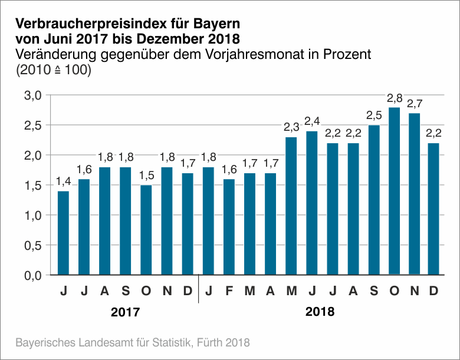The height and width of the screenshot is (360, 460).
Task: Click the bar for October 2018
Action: [x=394, y=191]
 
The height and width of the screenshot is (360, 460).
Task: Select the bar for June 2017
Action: [x=64, y=233]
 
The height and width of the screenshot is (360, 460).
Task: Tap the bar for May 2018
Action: [x=291, y=206]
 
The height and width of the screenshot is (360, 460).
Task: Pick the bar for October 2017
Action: [x=146, y=230]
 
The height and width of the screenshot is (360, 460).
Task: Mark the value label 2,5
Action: [x=373, y=115]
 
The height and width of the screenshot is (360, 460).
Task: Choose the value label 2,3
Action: [x=291, y=127]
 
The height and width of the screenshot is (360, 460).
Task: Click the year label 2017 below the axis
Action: [x=126, y=312]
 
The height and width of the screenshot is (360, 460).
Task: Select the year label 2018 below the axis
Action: [x=320, y=312]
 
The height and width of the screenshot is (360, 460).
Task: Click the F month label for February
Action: [x=229, y=290]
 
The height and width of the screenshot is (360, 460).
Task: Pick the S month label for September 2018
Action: [x=373, y=290]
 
